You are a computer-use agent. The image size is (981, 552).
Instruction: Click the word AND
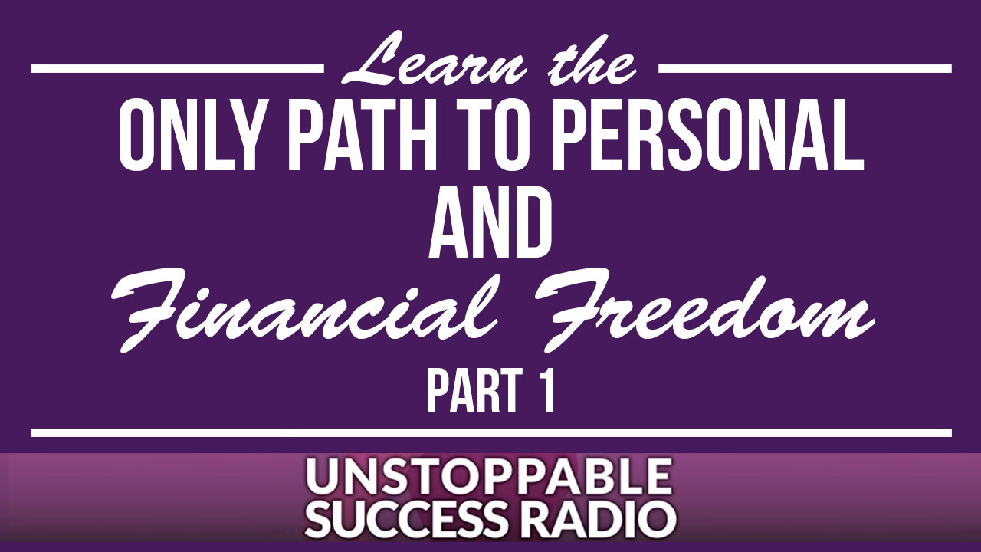pyautogui.click(x=490, y=225)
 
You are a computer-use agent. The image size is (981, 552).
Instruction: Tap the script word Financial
pyautogui.click(x=304, y=310)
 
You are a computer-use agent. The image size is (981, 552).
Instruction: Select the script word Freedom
pyautogui.click(x=705, y=310)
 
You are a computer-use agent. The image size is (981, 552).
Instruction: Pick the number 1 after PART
pyautogui.click(x=544, y=390)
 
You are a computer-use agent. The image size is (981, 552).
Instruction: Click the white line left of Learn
pyautogui.click(x=177, y=69)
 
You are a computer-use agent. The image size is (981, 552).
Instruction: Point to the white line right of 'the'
pyautogui.click(x=805, y=69)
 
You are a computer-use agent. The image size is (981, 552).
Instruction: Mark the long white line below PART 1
pyautogui.click(x=491, y=433)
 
